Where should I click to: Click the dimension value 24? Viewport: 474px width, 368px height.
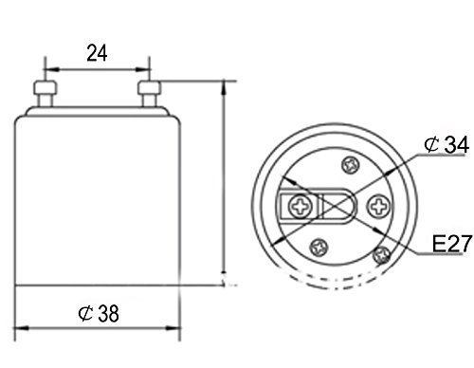[x=97, y=53]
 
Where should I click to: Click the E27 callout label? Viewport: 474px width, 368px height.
[x=452, y=244]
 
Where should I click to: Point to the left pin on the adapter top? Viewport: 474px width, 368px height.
[x=46, y=94]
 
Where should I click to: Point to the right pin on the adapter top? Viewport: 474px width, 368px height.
[x=149, y=94]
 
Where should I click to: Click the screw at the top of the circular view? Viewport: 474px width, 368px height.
[x=352, y=165]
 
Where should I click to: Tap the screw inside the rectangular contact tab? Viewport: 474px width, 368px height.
[x=301, y=207]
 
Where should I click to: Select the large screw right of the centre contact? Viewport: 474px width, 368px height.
[x=378, y=207]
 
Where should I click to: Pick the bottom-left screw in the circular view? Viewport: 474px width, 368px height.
[x=319, y=248]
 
